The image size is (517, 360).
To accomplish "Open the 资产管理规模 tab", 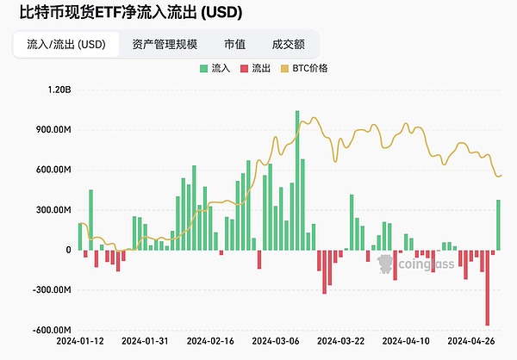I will [x=165, y=44].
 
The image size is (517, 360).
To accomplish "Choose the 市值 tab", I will [x=234, y=44].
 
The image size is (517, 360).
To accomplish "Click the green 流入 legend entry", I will [x=215, y=67].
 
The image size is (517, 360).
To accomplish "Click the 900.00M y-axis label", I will [x=52, y=130].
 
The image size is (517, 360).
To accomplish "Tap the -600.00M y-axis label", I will [x=50, y=330].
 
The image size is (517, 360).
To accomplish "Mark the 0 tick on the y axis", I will [x=67, y=250].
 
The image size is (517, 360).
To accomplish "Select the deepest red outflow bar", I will [x=488, y=288].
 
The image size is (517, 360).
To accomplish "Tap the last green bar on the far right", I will [x=498, y=225].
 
